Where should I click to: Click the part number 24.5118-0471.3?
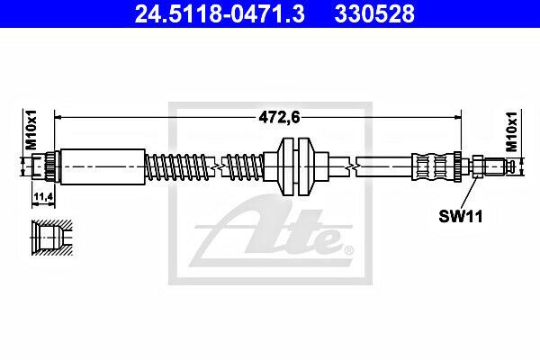point(220,13)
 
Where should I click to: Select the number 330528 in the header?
point(374,13)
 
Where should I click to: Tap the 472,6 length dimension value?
point(279,118)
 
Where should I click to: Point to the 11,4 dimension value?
point(43,197)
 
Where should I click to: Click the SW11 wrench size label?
point(461,217)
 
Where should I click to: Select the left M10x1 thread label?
point(31,130)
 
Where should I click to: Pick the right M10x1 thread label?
point(512,131)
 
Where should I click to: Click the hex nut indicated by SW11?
point(478,166)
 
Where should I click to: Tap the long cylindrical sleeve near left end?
point(103,166)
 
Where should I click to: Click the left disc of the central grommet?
point(285,166)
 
